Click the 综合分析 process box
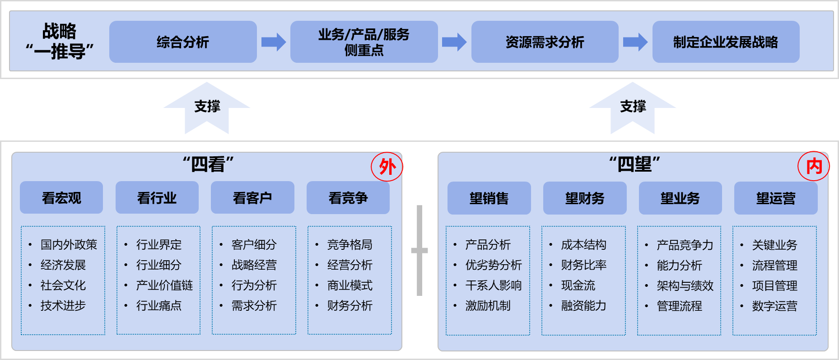(x=183, y=42)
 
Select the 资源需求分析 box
(x=545, y=42)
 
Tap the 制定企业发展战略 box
(x=726, y=42)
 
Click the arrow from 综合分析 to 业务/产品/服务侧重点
(x=274, y=42)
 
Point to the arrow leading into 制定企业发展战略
(x=635, y=42)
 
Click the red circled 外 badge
(x=387, y=167)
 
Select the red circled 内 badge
(x=814, y=166)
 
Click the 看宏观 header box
(x=61, y=198)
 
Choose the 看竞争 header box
(x=348, y=198)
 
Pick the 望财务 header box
(x=585, y=198)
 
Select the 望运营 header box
(x=776, y=198)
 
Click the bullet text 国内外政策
(x=69, y=245)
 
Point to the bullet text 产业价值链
(x=164, y=285)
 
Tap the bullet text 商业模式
(x=350, y=285)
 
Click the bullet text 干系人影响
(x=494, y=285)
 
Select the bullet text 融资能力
(x=583, y=306)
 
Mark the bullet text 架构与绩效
(x=685, y=286)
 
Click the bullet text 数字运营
(x=774, y=306)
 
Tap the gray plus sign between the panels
(x=419, y=250)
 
